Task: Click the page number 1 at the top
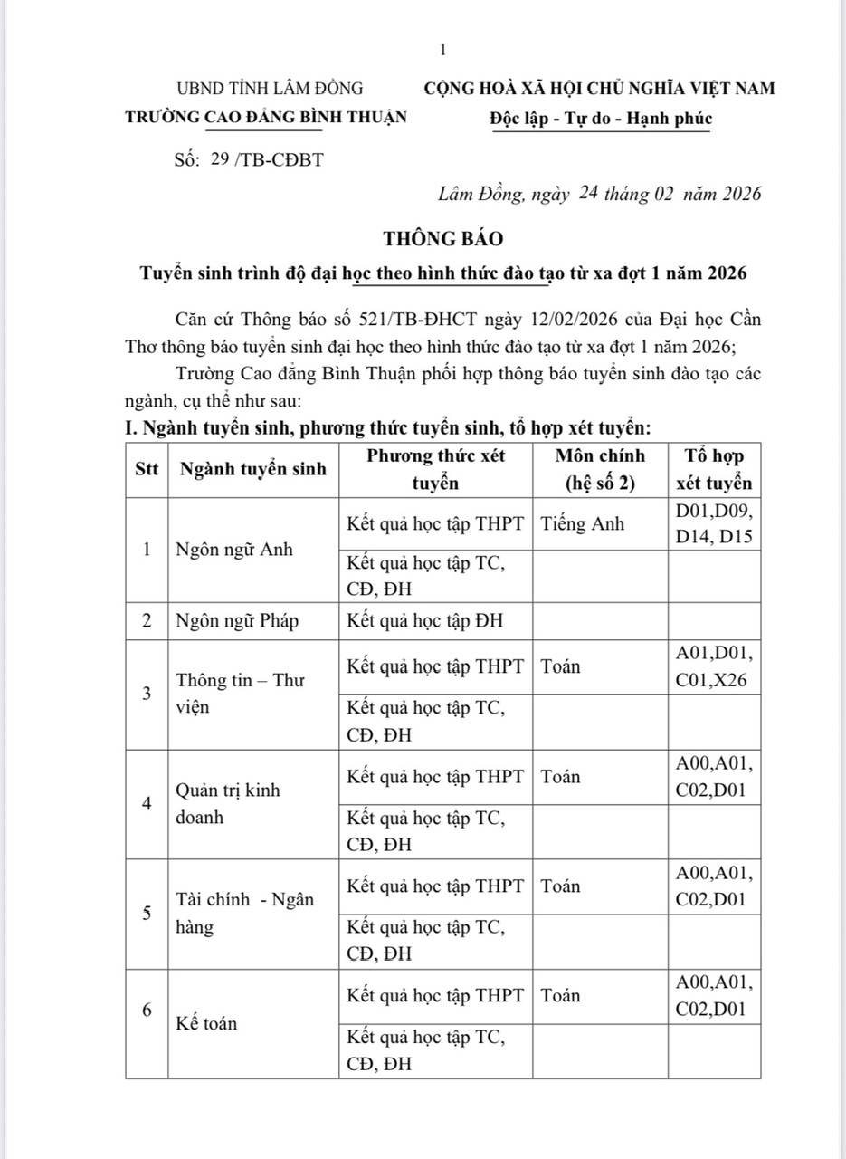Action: (x=442, y=50)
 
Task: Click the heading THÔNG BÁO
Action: (x=442, y=239)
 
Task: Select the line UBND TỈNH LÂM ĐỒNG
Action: (x=270, y=88)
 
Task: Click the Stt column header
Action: (x=146, y=470)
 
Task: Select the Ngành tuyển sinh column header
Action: (x=253, y=470)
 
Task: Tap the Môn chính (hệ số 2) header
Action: (x=600, y=469)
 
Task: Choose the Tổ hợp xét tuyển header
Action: (x=714, y=469)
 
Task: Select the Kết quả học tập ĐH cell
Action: (x=425, y=621)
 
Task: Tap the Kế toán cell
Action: (x=207, y=1023)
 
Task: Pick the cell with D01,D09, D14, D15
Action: (x=714, y=523)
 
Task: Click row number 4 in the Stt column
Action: (x=147, y=804)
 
